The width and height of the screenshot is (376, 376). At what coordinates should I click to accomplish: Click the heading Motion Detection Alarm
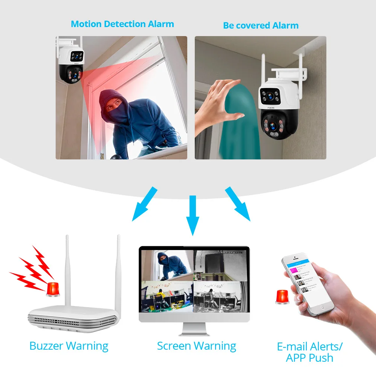pos(122,24)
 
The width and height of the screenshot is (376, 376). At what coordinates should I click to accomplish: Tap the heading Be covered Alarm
pos(261,26)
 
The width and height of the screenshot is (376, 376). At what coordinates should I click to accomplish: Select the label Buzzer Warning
pos(69,346)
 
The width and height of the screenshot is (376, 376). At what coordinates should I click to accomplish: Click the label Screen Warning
pos(196,346)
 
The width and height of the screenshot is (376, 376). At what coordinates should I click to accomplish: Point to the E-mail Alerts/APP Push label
pos(310,352)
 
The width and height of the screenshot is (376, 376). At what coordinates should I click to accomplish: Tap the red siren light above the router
pos(53,288)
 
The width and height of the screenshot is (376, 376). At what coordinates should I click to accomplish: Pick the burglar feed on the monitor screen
pos(166,265)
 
